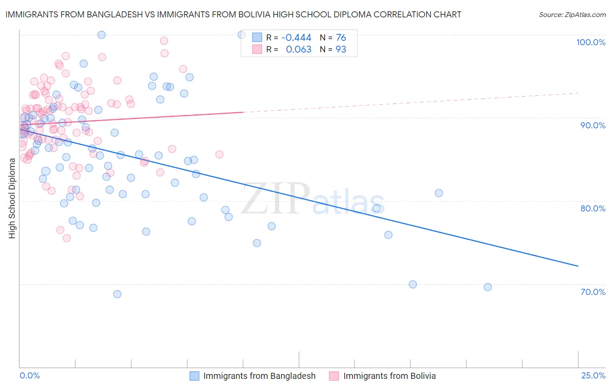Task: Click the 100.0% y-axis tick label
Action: [x=591, y=42]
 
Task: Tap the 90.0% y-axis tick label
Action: [x=593, y=125]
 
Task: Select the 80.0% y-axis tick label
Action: [x=593, y=208]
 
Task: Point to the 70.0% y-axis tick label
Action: [x=593, y=292]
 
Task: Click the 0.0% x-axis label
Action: [x=30, y=375]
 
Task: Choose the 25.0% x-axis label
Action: [x=593, y=375]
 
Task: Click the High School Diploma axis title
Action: [x=12, y=198]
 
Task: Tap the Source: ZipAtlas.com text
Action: [x=572, y=14]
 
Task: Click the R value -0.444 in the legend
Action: [x=296, y=38]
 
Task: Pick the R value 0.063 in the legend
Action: [x=299, y=50]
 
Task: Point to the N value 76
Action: [x=341, y=38]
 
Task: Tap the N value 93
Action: [x=341, y=50]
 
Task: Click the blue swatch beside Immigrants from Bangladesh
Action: [x=194, y=376]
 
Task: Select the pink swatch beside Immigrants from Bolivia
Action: [x=334, y=376]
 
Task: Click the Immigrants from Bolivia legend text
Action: [x=389, y=376]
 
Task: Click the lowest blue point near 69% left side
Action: [x=117, y=294]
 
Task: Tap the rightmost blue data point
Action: [x=488, y=287]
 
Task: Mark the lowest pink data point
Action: [x=67, y=238]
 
